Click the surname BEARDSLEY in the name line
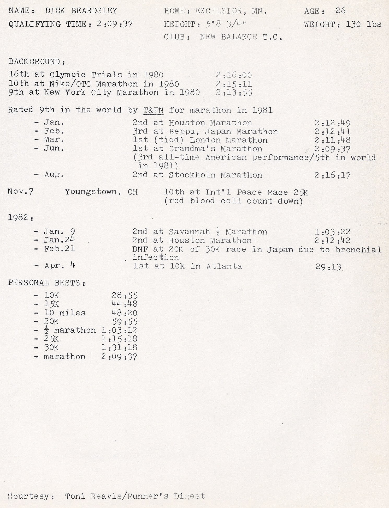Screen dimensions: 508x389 tap(94, 11)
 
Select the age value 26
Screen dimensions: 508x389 tap(340, 11)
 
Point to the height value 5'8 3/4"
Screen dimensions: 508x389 tap(226, 24)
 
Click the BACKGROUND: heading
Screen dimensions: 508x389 tap(37, 62)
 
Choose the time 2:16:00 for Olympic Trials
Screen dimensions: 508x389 tap(234, 75)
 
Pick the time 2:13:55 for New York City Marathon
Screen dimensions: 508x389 tap(234, 93)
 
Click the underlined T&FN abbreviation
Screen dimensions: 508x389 tap(153, 110)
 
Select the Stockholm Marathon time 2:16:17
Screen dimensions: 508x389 tap(332, 175)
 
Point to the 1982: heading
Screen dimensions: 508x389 tap(21, 217)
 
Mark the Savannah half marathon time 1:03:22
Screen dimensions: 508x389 tap(332, 232)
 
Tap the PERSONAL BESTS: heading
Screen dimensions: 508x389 tap(47, 283)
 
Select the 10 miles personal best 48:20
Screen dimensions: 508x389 tap(124, 313)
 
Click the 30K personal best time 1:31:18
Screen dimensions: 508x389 tap(119, 348)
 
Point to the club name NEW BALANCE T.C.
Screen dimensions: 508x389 tap(241, 37)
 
